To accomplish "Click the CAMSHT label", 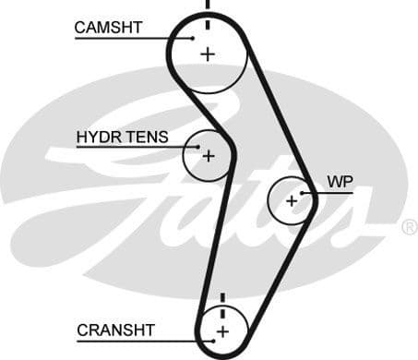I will coord(108,28).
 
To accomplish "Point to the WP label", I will coord(339,179).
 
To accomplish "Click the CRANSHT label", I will coord(115,330).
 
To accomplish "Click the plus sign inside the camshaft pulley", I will coord(207,54).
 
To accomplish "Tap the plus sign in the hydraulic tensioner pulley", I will coord(208,156).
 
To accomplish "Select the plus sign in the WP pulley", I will coord(292,199).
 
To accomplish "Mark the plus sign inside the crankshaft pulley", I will coord(221,330).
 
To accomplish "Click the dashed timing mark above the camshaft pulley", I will coord(207,6).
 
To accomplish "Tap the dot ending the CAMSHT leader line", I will coord(195,37).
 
